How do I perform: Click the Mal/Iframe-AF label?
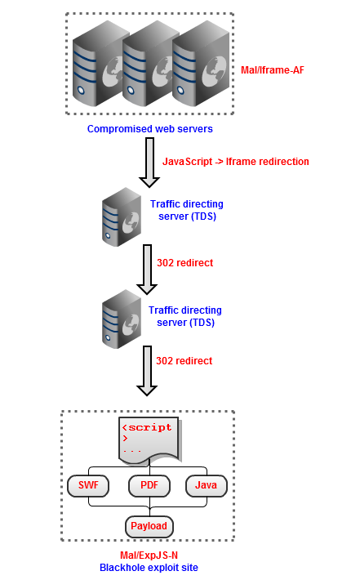click(x=273, y=70)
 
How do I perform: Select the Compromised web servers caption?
click(x=149, y=129)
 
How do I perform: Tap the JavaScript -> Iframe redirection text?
click(x=235, y=162)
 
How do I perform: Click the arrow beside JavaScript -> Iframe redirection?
click(x=149, y=163)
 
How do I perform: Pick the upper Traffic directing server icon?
click(x=122, y=216)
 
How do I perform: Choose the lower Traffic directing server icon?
click(x=122, y=319)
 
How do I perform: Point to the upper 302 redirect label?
click(x=184, y=263)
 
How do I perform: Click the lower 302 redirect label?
click(x=184, y=361)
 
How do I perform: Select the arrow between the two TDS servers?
click(x=147, y=270)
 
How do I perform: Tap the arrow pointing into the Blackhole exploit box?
click(x=147, y=371)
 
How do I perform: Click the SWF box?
click(x=88, y=485)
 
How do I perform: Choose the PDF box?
click(x=149, y=485)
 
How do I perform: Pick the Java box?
click(x=206, y=485)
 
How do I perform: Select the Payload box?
click(x=149, y=526)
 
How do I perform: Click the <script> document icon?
click(x=149, y=440)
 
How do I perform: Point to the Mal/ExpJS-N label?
click(x=149, y=555)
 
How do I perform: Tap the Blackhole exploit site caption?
click(x=149, y=568)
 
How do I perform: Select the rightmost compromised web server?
click(x=201, y=64)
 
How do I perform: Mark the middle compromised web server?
click(x=149, y=64)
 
